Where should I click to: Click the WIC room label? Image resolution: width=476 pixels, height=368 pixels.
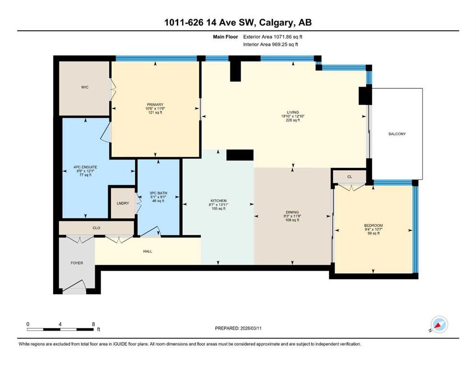[x=85, y=87]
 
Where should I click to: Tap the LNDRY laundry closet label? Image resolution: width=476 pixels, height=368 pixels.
[x=123, y=203]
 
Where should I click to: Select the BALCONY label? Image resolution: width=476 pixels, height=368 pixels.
[x=397, y=134]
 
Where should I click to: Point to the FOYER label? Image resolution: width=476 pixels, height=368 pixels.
[x=77, y=263]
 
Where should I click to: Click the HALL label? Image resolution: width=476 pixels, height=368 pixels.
[x=148, y=251]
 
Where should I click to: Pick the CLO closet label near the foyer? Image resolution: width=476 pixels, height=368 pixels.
[x=96, y=228]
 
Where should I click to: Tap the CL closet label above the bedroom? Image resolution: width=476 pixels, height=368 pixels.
[x=349, y=176]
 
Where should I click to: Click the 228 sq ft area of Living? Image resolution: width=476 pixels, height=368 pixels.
[x=292, y=120]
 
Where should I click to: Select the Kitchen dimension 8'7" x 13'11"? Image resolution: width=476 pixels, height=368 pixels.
[x=218, y=205]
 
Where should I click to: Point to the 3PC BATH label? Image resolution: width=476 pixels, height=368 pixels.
[x=158, y=193]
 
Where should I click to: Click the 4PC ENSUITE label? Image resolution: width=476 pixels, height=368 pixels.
[x=85, y=167]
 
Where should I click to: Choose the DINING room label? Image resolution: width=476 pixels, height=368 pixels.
[x=292, y=212]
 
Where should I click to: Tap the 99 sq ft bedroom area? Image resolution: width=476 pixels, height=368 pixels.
[x=373, y=233]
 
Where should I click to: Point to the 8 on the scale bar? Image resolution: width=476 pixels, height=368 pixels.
[x=93, y=324]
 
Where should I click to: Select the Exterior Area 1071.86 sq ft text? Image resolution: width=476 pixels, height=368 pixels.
[x=273, y=37]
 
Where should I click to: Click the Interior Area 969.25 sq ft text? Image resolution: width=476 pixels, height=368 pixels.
[x=270, y=44]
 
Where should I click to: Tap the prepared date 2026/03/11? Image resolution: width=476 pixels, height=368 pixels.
[x=251, y=328]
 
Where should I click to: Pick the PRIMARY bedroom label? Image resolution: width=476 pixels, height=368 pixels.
[x=155, y=104]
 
